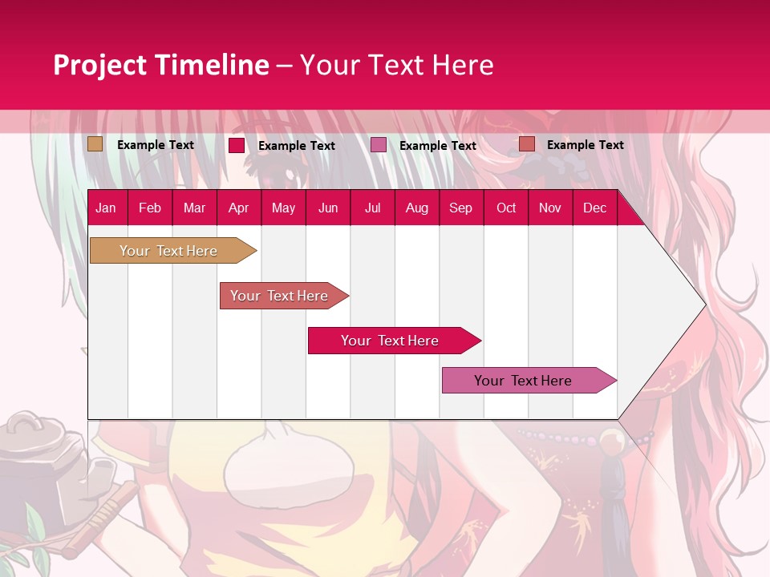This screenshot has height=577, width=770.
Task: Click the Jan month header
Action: tap(106, 208)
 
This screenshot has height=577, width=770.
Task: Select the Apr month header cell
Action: tap(238, 208)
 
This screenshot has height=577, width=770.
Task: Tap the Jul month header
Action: tap(372, 208)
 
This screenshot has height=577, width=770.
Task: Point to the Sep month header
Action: tap(460, 208)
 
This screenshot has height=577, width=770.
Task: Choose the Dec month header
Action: tap(594, 208)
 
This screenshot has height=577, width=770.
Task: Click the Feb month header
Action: tap(150, 208)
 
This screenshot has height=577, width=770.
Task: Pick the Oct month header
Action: tap(505, 208)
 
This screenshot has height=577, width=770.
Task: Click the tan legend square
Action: tap(95, 144)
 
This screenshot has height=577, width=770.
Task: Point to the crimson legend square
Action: tap(237, 145)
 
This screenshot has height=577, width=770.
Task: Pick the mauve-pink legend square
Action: tap(379, 145)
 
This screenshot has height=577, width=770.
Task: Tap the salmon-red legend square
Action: tap(527, 144)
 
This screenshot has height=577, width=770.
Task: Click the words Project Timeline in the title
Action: tap(160, 65)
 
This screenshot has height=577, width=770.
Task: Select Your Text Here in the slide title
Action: tap(397, 65)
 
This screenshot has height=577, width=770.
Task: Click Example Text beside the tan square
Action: tap(156, 145)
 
